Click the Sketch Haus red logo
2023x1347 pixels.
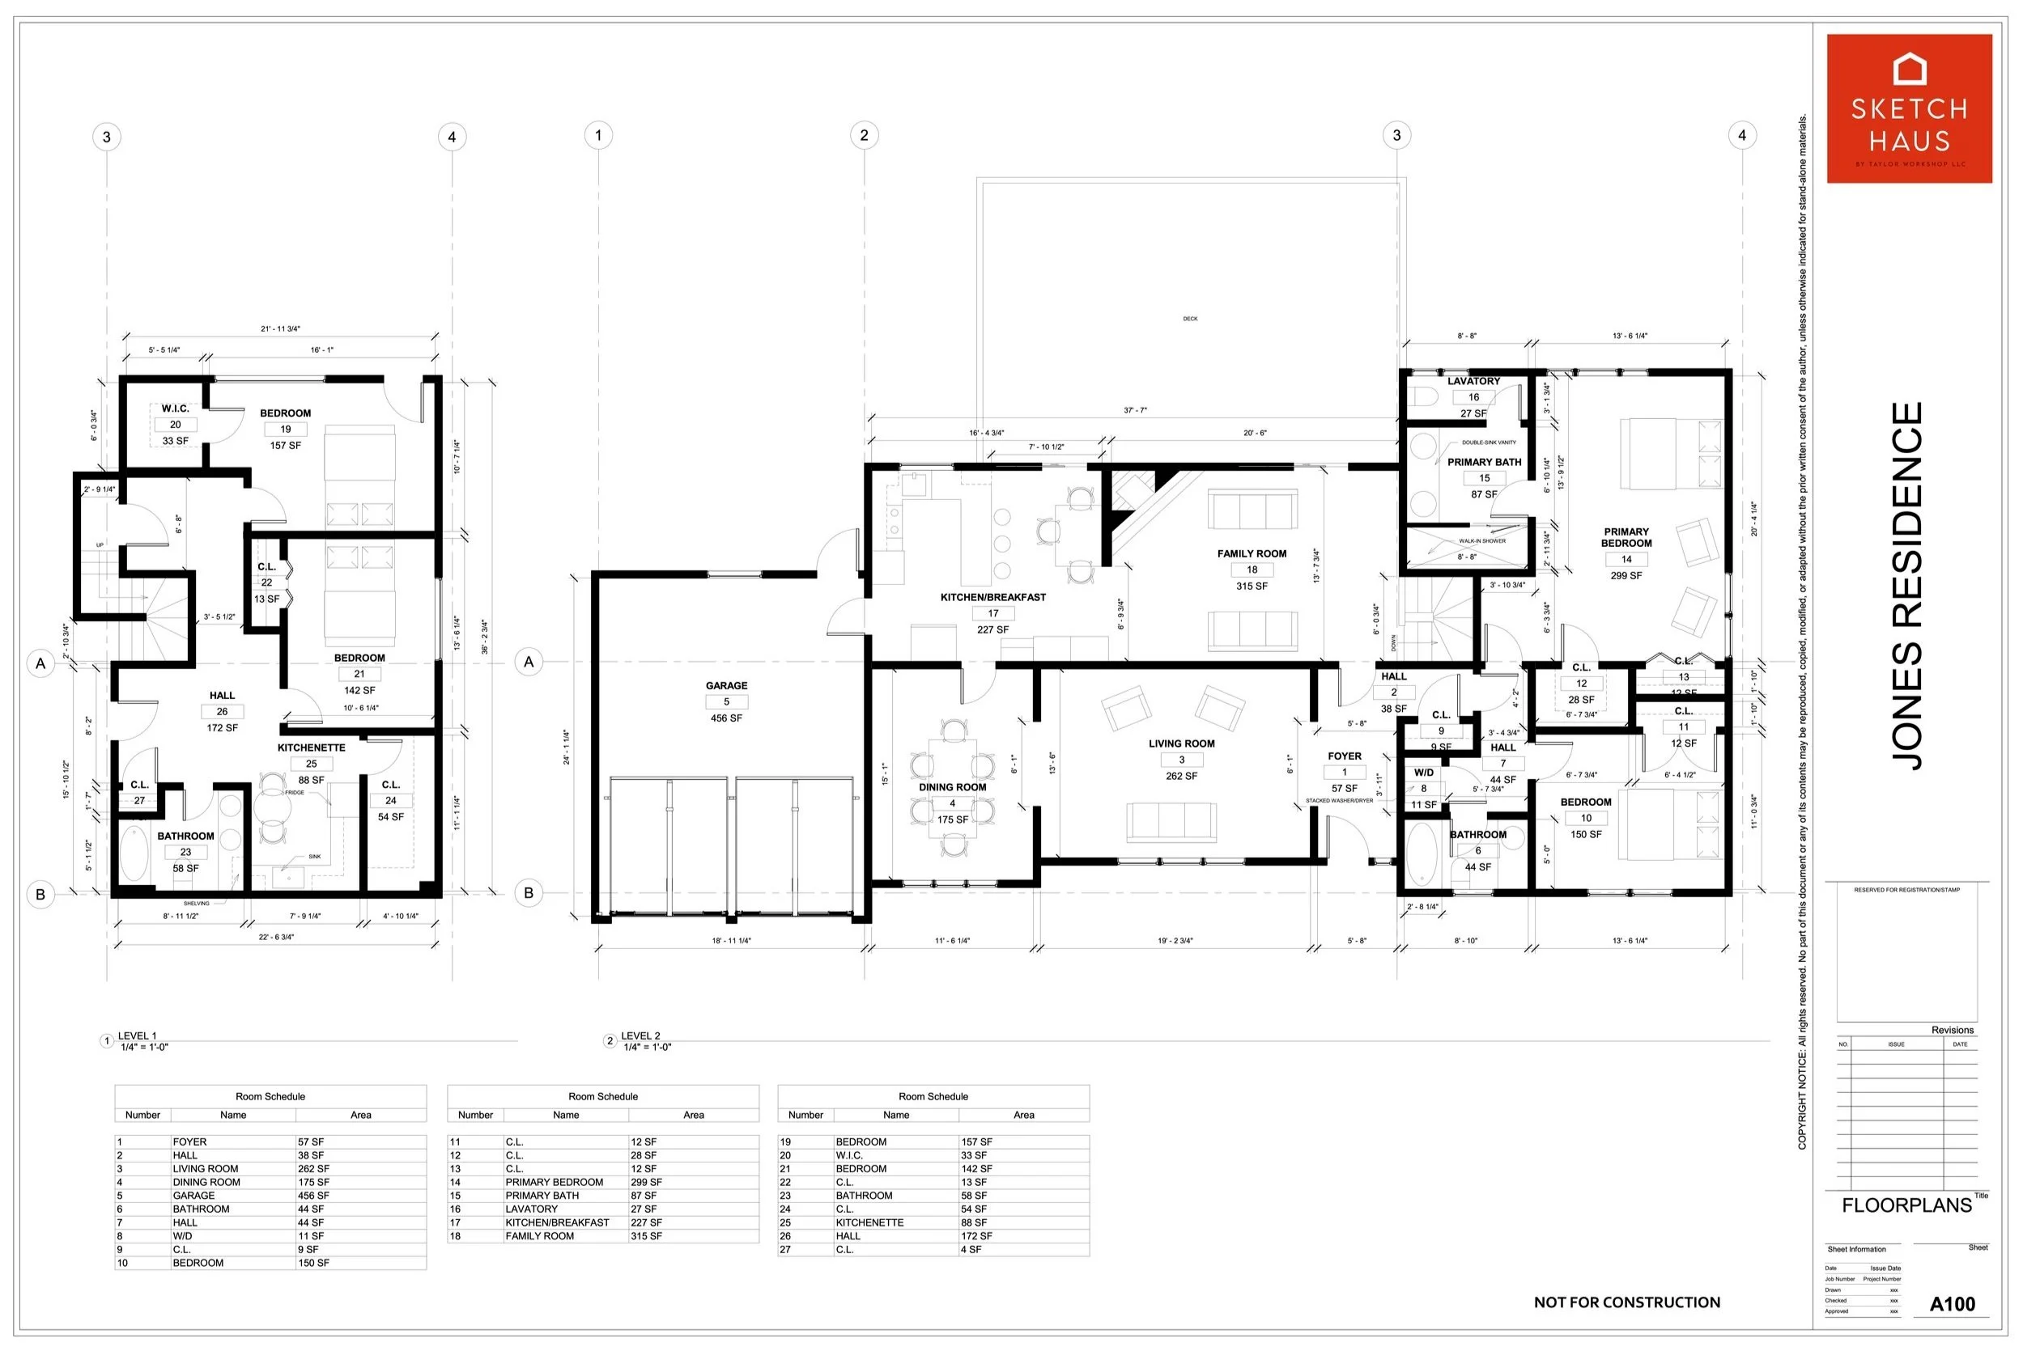coord(1909,108)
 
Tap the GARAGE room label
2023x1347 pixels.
coord(726,685)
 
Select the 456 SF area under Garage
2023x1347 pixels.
coord(726,718)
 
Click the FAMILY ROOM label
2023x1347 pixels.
coord(1252,554)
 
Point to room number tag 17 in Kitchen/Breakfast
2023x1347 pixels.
coord(992,613)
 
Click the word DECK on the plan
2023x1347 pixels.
coord(1189,319)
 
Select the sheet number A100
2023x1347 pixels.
coord(1952,1304)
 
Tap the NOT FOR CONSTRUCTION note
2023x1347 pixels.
coord(1626,1303)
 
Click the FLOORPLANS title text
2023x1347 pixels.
coord(1906,1205)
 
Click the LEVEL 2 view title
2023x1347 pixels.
coord(640,1036)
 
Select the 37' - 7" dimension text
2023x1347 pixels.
coord(1134,411)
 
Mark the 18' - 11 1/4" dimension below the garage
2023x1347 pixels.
coord(730,941)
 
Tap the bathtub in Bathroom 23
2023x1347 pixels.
coord(134,853)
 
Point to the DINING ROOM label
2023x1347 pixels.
coord(952,787)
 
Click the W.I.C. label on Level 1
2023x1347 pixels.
coord(175,409)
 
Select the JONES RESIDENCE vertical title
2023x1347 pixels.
coord(1907,586)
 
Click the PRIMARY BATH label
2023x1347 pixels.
coord(1483,462)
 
